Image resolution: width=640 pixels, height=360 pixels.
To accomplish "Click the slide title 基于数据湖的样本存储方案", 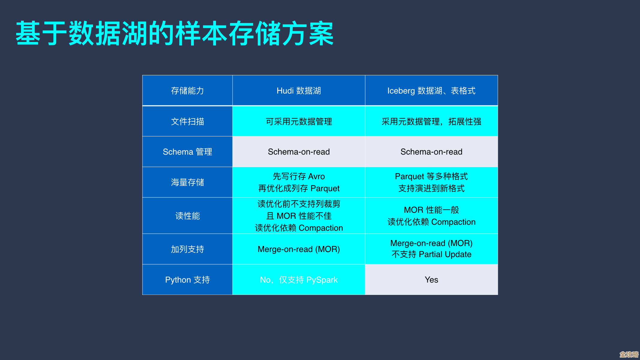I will (175, 33).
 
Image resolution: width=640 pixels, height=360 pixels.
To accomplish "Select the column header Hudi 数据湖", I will (299, 91).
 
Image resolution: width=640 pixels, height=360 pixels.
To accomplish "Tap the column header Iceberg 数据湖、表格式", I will (431, 91).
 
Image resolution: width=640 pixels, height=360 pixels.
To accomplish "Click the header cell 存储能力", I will (187, 91).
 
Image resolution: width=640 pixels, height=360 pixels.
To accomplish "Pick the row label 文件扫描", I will (187, 121).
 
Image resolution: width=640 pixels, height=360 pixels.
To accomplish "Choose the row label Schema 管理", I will (187, 152).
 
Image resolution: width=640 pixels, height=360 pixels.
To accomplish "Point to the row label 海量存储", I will (187, 182).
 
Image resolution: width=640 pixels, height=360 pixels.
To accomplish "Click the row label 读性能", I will (187, 216).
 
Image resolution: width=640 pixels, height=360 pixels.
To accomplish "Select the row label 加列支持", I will (187, 249).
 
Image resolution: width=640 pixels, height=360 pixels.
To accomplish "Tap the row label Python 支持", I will (187, 280).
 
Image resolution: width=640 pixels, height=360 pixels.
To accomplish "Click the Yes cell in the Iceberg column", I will (431, 280).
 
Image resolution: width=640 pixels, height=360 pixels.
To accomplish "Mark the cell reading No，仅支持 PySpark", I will (299, 280).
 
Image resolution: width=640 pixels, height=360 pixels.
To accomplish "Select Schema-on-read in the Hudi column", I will (299, 152).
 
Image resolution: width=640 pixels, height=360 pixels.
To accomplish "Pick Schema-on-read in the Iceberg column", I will (431, 152).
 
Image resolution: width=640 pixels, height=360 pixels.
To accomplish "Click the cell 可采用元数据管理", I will (299, 121).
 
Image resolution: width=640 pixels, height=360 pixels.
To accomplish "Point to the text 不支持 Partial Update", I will (431, 254).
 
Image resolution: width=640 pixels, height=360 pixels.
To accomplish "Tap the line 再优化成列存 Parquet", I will (299, 188).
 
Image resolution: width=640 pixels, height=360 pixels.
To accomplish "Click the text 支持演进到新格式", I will (431, 188).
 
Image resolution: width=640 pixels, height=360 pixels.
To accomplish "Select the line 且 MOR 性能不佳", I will (299, 216).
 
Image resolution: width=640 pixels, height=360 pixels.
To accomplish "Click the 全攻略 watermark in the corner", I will (629, 354).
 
